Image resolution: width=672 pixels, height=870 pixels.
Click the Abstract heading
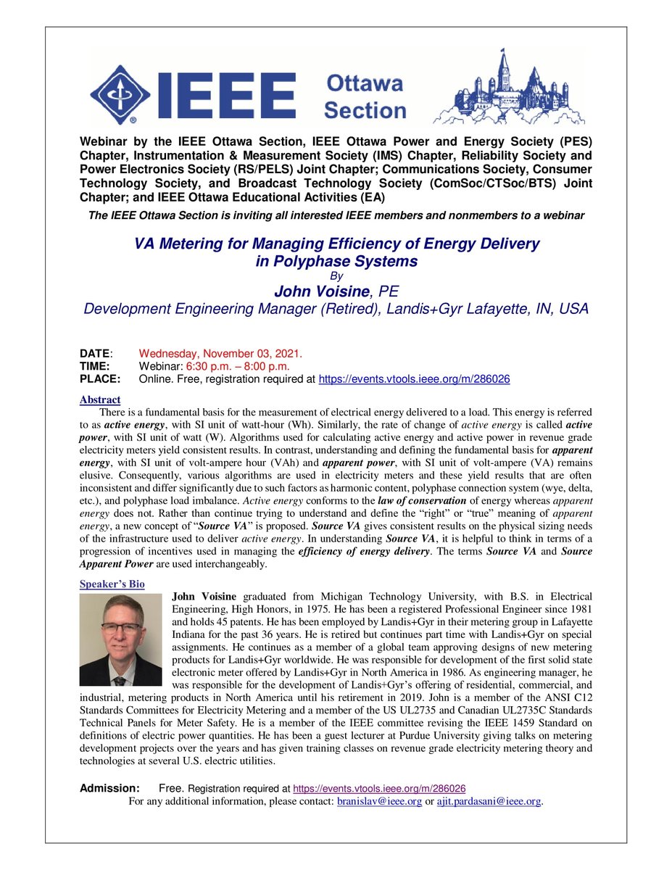100,399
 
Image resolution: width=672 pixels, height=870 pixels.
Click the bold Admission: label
109,788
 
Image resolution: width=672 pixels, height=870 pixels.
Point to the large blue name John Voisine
320,291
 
